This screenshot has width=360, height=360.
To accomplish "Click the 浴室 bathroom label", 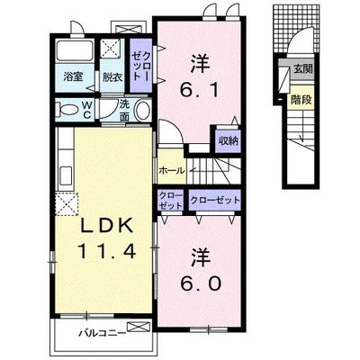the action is point(73,77).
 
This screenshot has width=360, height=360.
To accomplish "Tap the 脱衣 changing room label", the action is point(112,77).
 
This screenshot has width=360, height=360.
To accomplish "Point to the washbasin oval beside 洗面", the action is point(142,110).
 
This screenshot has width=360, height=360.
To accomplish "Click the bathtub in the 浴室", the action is point(75,49).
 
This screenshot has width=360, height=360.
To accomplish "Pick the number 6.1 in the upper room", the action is point(200,89).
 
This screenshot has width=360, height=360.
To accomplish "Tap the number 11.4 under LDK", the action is point(107,251).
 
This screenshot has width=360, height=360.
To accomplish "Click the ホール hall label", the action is point(172,171).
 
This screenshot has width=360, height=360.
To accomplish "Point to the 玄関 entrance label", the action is point(303,69).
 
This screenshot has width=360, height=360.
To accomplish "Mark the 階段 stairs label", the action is point(301,100).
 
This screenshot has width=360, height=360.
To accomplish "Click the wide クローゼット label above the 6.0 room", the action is point(215,200).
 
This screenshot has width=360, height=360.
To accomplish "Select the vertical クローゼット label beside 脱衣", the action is point(141,65).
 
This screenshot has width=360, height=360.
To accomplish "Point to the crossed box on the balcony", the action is point(139,327).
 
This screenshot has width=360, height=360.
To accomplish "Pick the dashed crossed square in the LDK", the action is point(67,204).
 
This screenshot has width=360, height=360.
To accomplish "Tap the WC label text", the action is point(86,110).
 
